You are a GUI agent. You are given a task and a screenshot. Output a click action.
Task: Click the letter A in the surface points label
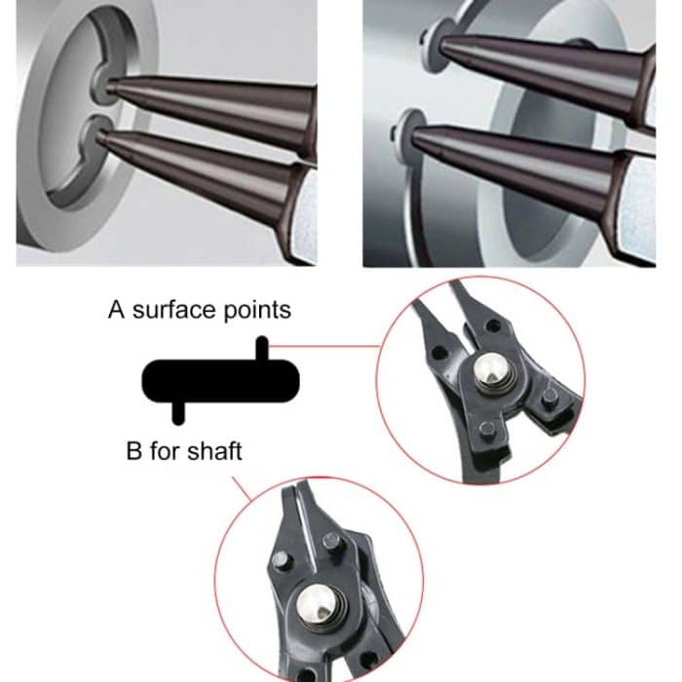pos(116,311)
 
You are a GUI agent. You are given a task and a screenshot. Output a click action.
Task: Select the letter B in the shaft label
pos(134,452)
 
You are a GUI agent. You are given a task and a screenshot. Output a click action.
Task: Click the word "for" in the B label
pos(169,452)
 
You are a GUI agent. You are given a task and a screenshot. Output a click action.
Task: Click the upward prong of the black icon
pos(261,349)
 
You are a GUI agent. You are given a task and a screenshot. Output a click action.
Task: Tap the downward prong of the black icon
pos(177,410)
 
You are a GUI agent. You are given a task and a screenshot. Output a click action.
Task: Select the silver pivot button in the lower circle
pos(317,604)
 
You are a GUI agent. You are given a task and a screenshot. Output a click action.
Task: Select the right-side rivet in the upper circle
pos(549,397)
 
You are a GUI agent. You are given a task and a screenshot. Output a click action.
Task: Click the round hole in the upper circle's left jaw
pos(438,353)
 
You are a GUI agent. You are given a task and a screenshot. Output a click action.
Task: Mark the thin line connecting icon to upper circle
pos(322,344)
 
